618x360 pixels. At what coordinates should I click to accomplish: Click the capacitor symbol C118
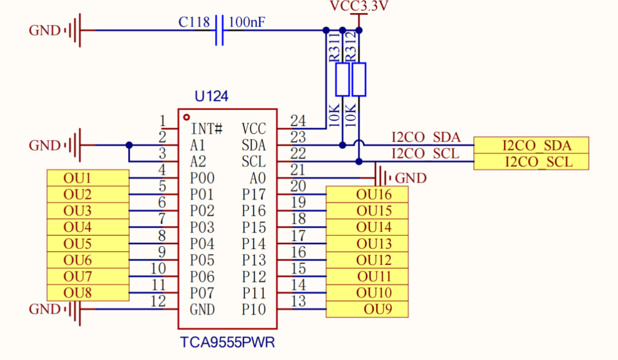[220, 30]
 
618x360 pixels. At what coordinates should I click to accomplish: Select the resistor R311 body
[342, 79]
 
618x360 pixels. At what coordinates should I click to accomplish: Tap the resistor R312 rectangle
[359, 79]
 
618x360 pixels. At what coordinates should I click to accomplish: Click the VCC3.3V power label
[359, 6]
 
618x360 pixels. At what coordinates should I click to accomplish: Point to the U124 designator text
[211, 96]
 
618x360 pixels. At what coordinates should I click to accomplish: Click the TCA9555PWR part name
[227, 342]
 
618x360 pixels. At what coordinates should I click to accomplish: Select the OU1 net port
[88, 178]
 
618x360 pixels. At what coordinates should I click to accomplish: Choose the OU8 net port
[88, 292]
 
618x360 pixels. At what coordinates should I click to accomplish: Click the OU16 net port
[367, 195]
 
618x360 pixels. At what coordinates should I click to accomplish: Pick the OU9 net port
[367, 309]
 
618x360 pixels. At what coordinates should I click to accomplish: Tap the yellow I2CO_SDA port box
[531, 145]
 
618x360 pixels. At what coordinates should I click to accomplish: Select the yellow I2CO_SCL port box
[531, 161]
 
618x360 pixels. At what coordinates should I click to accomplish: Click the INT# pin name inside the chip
[207, 129]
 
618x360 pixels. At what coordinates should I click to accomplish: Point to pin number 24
[298, 120]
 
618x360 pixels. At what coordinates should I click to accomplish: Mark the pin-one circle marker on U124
[187, 117]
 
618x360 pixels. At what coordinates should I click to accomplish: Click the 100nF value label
[247, 22]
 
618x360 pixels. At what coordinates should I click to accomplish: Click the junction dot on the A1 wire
[129, 145]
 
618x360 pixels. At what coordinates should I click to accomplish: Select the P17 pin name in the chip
[254, 195]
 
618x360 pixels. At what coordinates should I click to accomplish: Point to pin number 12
[158, 301]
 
